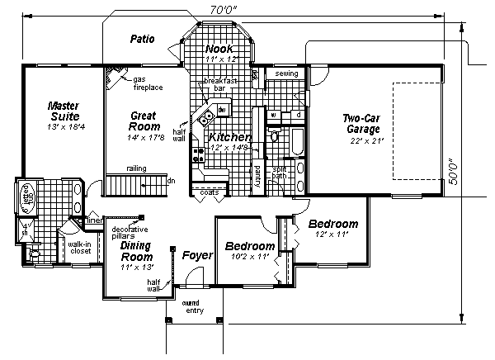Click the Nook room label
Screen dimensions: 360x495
click(x=219, y=50)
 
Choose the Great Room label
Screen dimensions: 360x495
click(x=144, y=121)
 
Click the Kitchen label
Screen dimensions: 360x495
click(x=229, y=137)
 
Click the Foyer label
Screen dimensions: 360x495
click(x=197, y=255)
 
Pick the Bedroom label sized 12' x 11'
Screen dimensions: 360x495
click(x=332, y=224)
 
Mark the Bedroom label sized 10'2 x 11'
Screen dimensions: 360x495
click(x=249, y=247)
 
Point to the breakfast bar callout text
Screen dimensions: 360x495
click(x=226, y=84)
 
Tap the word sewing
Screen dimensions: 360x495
click(x=286, y=73)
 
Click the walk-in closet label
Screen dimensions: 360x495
click(x=79, y=247)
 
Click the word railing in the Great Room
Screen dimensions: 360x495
click(x=136, y=168)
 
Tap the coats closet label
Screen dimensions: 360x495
click(x=210, y=192)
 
